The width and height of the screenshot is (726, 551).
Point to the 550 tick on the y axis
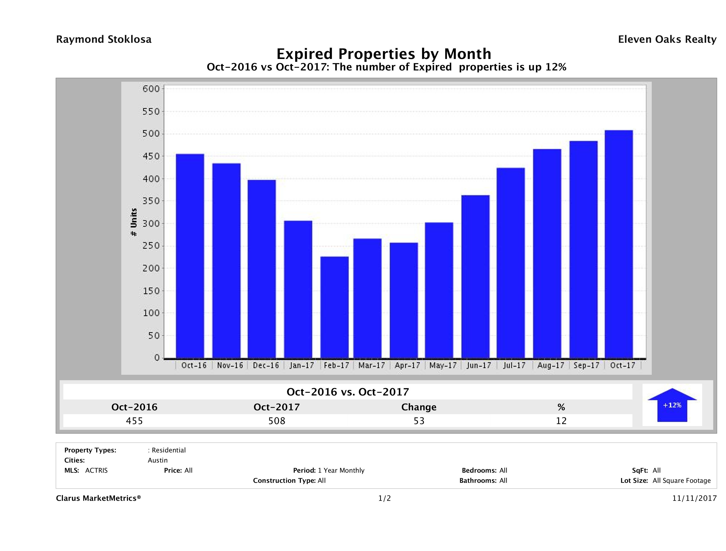(151, 112)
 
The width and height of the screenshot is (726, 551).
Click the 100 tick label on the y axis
(151, 313)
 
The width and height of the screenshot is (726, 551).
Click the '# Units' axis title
(134, 222)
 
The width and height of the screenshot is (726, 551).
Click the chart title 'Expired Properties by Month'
(384, 54)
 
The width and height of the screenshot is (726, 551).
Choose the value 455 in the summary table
(134, 421)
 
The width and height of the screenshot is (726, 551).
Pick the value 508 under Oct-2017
(277, 421)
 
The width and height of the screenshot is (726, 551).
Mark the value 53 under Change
(419, 421)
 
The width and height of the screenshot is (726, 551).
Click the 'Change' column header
(419, 407)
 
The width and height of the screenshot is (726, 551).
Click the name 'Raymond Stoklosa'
(104, 39)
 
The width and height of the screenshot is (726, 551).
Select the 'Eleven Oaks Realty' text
(667, 39)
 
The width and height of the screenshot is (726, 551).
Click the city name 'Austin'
(157, 460)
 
